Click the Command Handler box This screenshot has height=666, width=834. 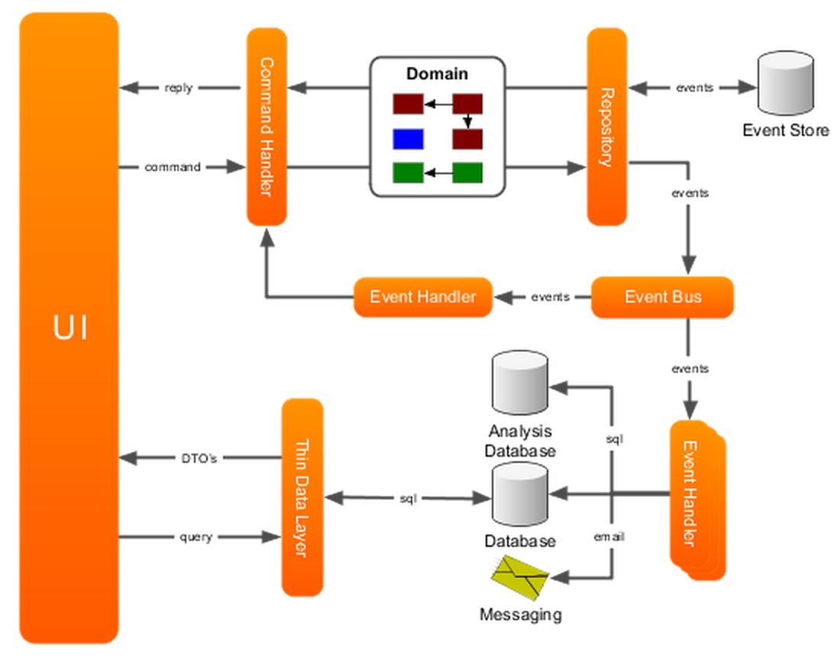pos(267,127)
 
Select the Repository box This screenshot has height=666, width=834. pos(606,127)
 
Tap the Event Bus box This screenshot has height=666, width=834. pos(662,297)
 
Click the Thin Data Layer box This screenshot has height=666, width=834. pos(302,497)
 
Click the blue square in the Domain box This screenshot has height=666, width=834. pos(408,139)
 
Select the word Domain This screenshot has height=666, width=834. pos(437,74)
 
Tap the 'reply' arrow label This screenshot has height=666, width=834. pos(179,88)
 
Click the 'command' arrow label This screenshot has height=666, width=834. pos(173,166)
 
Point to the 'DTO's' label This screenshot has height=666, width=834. pos(199,458)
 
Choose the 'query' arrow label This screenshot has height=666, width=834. pos(196,537)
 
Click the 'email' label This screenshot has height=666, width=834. pos(609,537)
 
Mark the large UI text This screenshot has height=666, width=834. pos(70,328)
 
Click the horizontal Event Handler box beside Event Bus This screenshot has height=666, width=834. pos(422,297)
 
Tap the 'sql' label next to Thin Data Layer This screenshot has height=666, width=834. pos(408,499)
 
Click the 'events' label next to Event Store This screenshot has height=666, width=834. pos(694,88)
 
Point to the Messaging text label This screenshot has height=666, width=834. pos(520,614)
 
